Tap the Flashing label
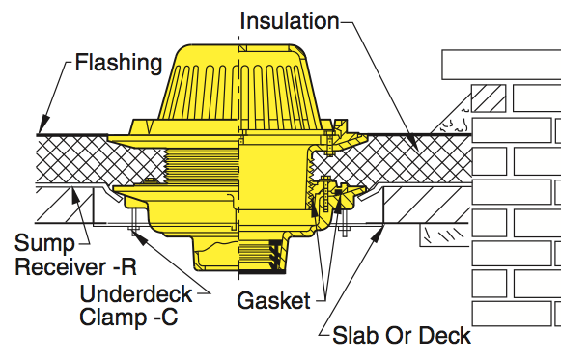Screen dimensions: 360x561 119,64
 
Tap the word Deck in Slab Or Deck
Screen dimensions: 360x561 442,336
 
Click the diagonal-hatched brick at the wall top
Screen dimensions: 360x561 488,100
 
